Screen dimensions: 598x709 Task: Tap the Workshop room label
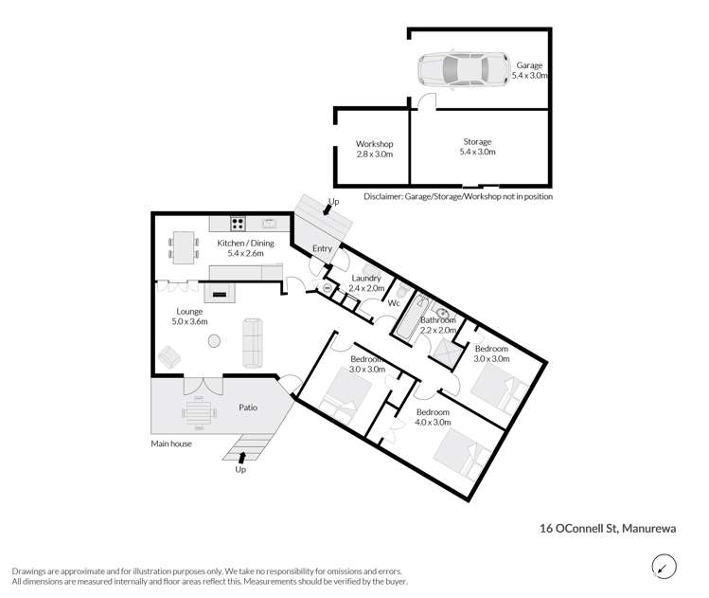[x=374, y=149]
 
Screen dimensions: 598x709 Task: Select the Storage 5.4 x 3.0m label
[x=477, y=147]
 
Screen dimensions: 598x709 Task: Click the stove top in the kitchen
[x=238, y=225]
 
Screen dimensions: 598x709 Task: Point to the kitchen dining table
[x=185, y=246]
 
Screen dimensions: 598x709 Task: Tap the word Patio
[x=248, y=408]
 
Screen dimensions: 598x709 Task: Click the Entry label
[x=323, y=248]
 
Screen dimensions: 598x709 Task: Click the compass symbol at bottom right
[x=665, y=566]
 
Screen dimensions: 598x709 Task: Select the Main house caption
[x=171, y=443]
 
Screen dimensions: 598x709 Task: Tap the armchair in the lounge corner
[x=169, y=357]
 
